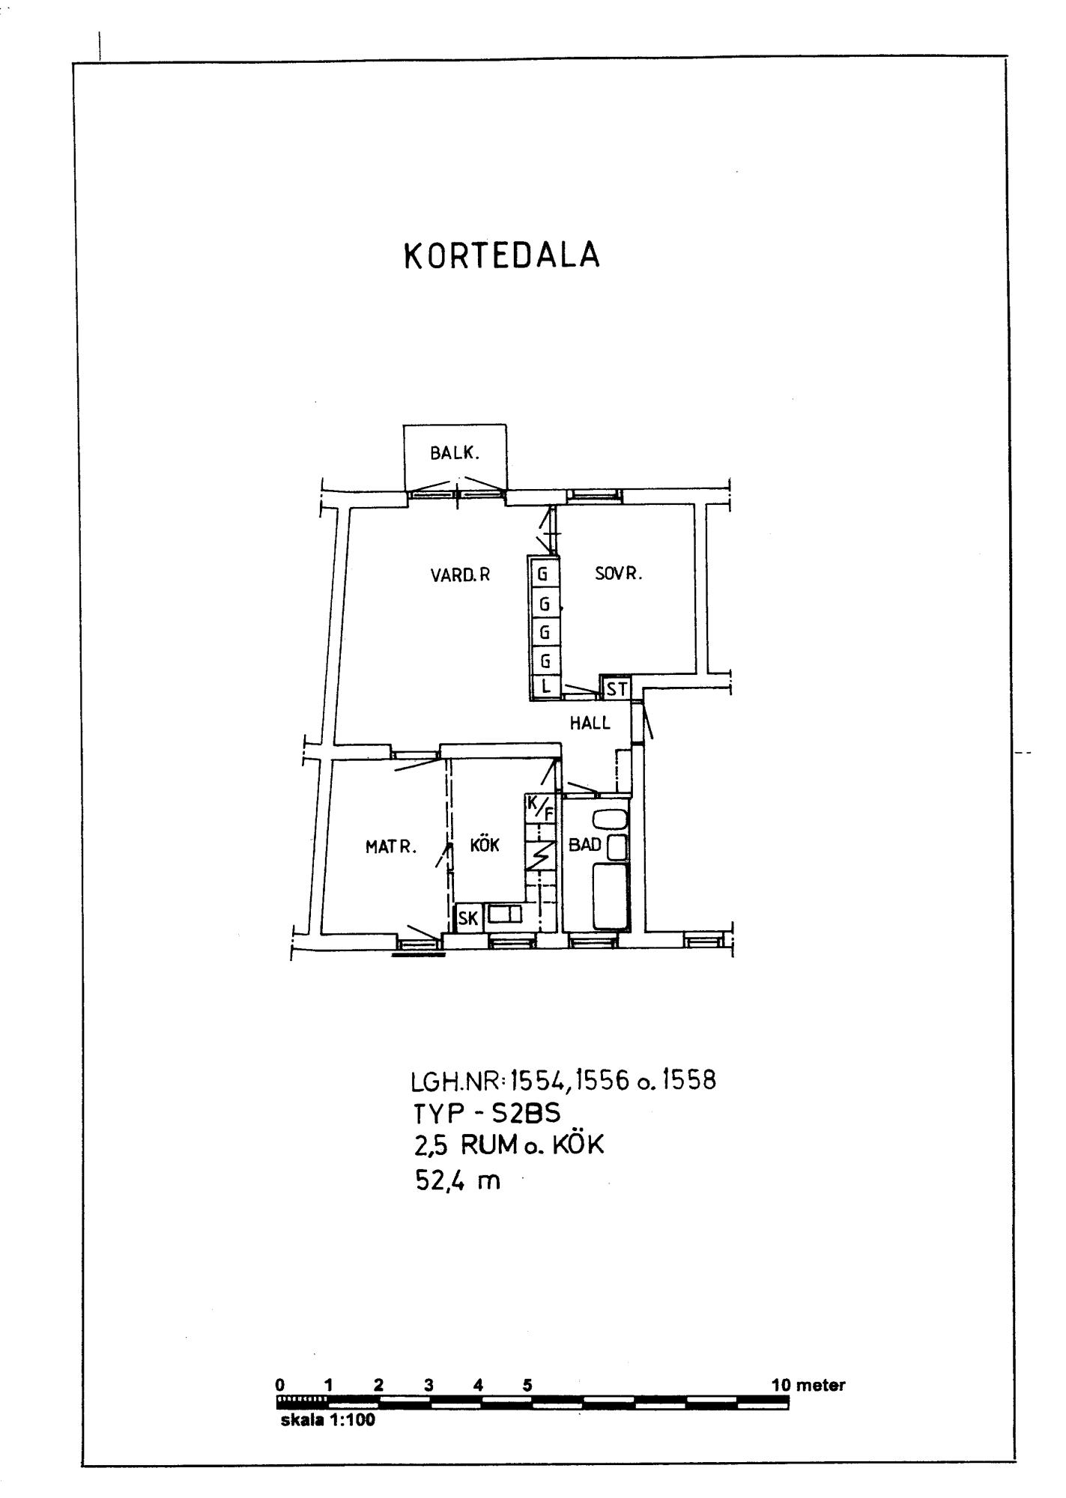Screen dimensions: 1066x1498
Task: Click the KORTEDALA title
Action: (x=502, y=256)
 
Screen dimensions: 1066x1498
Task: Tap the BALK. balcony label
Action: (x=454, y=453)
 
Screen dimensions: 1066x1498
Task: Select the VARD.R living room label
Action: (x=460, y=575)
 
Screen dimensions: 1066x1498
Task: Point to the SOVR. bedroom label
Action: (x=619, y=574)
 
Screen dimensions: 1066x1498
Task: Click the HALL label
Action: (x=590, y=723)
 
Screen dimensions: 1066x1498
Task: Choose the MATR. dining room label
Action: (x=390, y=847)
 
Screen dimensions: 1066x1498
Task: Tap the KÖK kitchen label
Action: (x=484, y=845)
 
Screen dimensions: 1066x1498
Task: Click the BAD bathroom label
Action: (x=585, y=845)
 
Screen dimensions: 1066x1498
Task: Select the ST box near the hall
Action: (x=617, y=688)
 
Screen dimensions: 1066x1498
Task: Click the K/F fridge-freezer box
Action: (x=541, y=807)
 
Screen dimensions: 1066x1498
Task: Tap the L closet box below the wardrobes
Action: (x=545, y=685)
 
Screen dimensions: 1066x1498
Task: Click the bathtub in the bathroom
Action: (x=611, y=896)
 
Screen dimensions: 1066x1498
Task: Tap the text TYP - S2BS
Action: (x=487, y=1114)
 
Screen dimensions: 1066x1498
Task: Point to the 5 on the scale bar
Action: (x=527, y=1385)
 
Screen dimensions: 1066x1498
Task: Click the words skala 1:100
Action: (x=327, y=1420)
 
